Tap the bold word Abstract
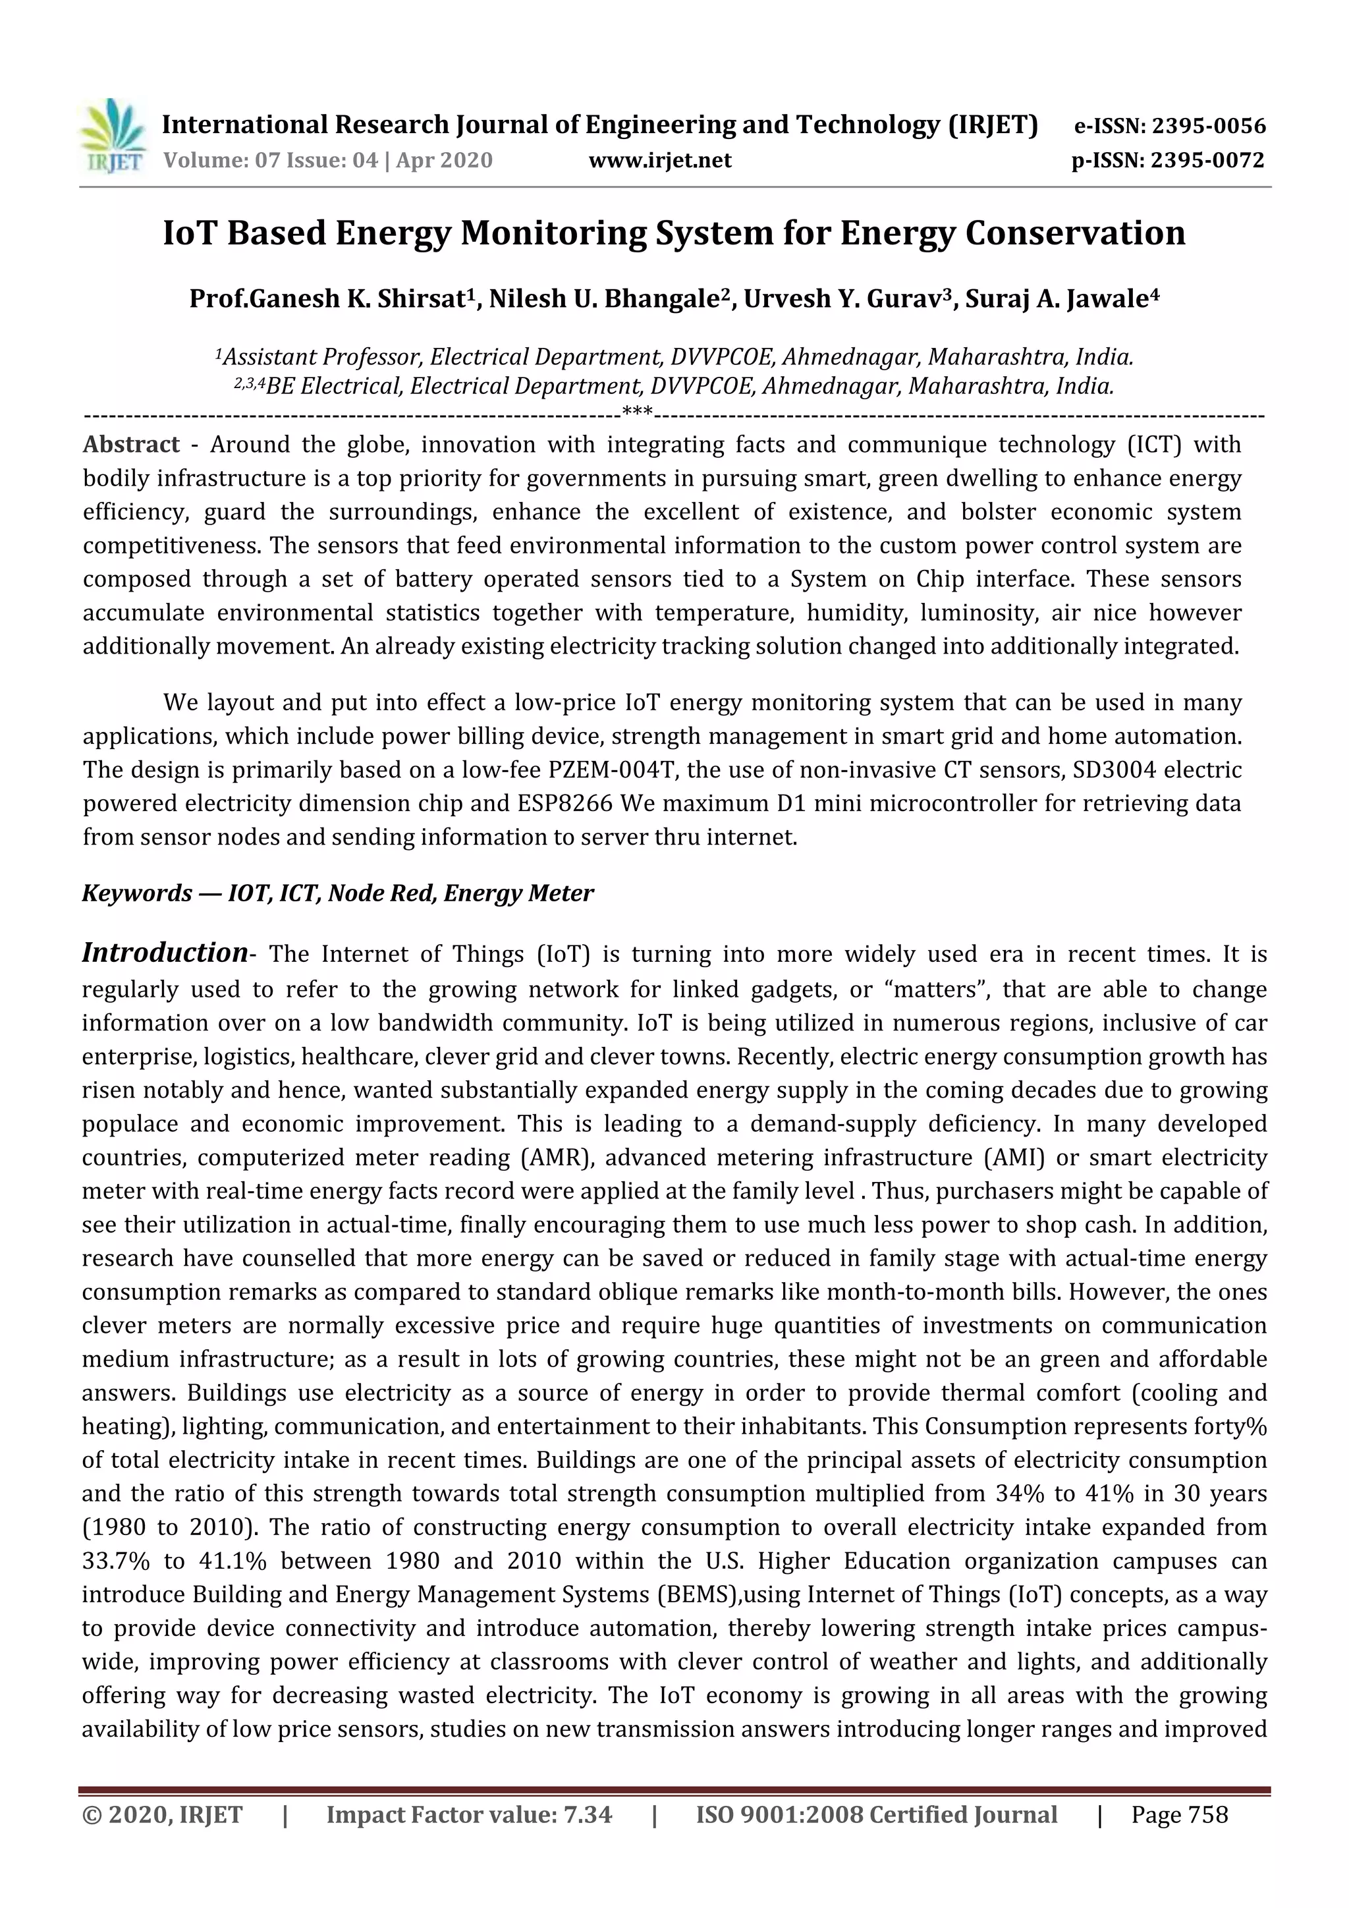pyautogui.click(x=130, y=445)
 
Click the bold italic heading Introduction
pyautogui.click(x=165, y=952)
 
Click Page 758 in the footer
pyautogui.click(x=1178, y=1815)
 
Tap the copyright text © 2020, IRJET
pyautogui.click(x=163, y=1815)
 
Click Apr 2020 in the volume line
pyautogui.click(x=445, y=160)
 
